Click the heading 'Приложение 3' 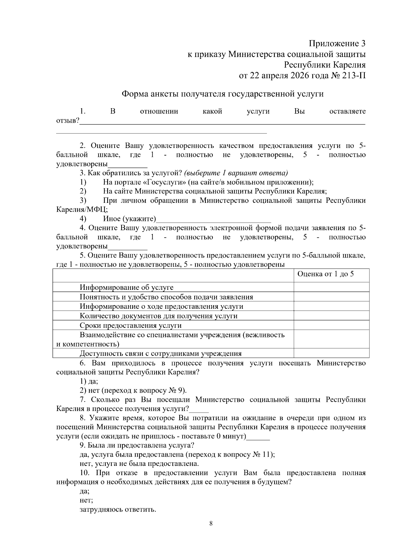[x=337, y=43]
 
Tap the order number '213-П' [x=354, y=76]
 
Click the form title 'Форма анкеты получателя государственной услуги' [x=223, y=94]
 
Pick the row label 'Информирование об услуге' [x=126, y=287]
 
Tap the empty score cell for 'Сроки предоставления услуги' [x=331, y=326]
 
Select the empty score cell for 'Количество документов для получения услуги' [x=331, y=316]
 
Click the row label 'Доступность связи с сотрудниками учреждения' [x=161, y=354]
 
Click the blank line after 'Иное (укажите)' [x=213, y=220]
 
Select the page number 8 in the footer [x=211, y=523]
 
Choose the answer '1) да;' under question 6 [x=89, y=381]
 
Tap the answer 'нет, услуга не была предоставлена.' [x=139, y=464]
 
